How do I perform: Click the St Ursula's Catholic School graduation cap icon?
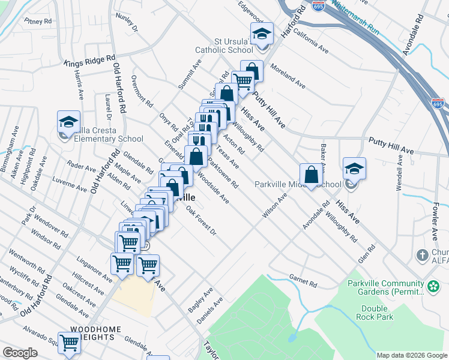click(262, 34)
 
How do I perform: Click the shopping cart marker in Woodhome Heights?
click(70, 343)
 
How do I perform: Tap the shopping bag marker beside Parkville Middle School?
click(311, 175)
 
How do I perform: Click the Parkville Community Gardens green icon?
click(433, 287)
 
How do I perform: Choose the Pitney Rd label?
click(39, 21)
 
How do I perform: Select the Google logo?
click(20, 353)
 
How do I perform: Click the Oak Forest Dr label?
click(200, 220)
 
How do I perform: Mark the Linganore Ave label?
click(95, 269)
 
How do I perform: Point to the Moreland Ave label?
click(288, 76)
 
